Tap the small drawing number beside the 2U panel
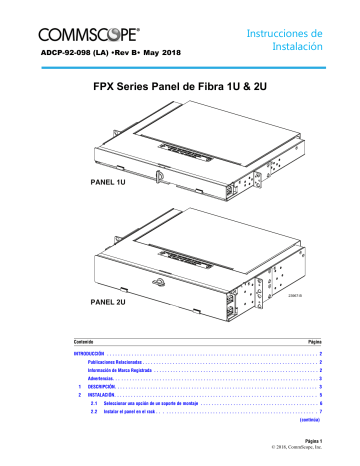[x=293, y=294]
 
